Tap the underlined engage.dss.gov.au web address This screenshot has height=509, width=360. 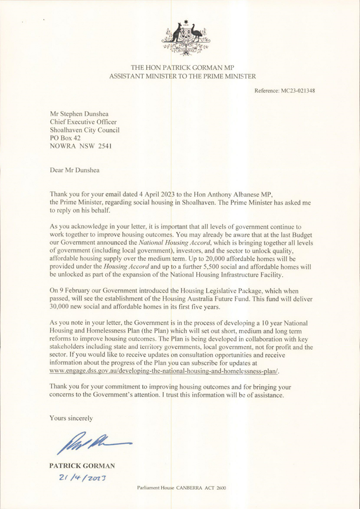click(x=164, y=372)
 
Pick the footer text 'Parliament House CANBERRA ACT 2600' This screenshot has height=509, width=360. click(x=181, y=487)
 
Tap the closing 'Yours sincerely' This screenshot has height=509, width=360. click(x=71, y=418)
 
